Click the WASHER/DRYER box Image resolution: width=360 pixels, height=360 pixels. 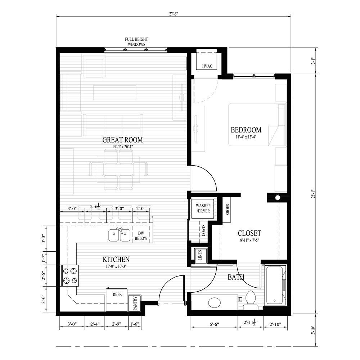(203, 208)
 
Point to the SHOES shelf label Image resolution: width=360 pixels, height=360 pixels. (228, 210)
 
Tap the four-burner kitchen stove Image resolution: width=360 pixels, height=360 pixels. (70, 275)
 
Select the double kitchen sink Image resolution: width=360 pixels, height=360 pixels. (119, 235)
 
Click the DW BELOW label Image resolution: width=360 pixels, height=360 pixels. (141, 236)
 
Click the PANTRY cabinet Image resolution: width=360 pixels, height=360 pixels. (135, 303)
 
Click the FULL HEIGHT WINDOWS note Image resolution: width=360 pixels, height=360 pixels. (136, 41)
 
